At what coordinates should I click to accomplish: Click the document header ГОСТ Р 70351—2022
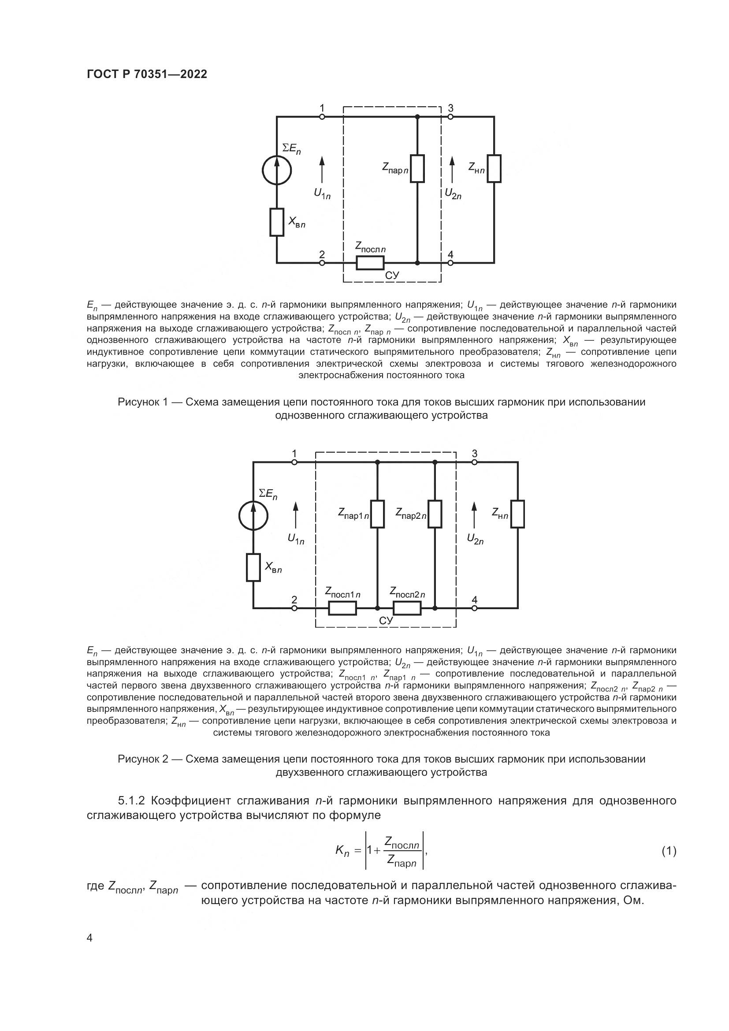click(147, 74)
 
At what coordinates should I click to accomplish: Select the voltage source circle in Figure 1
click(276, 170)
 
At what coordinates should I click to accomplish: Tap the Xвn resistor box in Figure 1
click(276, 222)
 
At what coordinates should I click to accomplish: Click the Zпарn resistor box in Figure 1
click(417, 168)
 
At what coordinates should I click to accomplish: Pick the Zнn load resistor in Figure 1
click(494, 168)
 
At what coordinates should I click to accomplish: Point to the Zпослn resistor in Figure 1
click(370, 263)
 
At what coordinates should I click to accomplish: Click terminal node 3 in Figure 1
click(450, 117)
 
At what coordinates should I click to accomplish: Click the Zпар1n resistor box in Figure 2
click(377, 514)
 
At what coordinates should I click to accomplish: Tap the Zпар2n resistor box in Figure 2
click(435, 514)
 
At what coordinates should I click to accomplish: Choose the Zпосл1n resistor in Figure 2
click(342, 608)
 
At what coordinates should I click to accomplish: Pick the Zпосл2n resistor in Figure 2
click(407, 608)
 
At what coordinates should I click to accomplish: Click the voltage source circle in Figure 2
click(253, 516)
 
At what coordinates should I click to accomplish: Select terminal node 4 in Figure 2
click(475, 608)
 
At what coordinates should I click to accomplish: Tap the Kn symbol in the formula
click(342, 850)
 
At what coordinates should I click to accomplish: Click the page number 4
click(89, 938)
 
